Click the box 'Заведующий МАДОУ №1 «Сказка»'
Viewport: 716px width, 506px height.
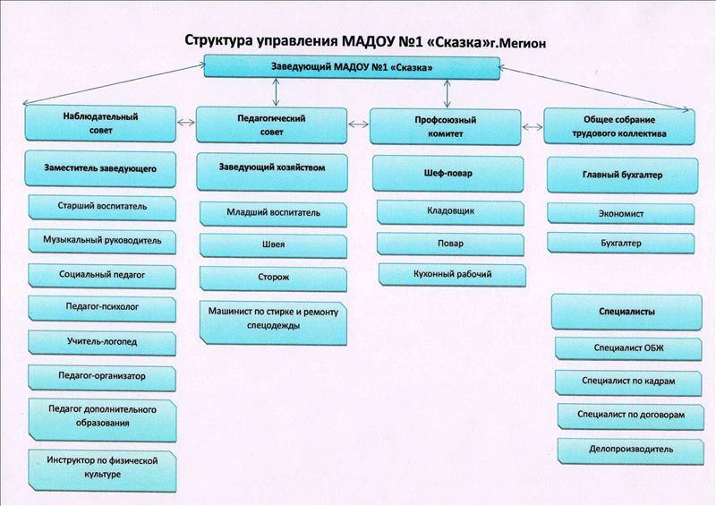pos(352,67)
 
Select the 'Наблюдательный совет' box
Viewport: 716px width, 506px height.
pos(100,124)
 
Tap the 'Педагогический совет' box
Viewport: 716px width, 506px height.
pos(271,125)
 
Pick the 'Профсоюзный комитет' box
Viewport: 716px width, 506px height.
pos(445,127)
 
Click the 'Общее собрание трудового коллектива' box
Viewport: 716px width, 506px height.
pos(619,126)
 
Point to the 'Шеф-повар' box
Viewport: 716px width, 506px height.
pos(448,174)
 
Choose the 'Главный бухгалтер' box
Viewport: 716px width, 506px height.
pos(622,175)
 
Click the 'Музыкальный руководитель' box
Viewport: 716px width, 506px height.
pos(102,241)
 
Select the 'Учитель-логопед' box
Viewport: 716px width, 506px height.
pos(102,342)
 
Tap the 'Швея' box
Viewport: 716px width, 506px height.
pos(273,246)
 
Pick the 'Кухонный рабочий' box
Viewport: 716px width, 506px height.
pos(452,275)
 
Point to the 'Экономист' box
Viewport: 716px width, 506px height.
pos(621,213)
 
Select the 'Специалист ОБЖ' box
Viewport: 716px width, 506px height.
pos(628,348)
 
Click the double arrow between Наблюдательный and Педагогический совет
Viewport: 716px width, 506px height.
pos(186,122)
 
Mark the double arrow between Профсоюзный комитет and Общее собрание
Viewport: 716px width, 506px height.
pos(533,127)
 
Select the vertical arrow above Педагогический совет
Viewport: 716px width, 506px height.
pos(276,93)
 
